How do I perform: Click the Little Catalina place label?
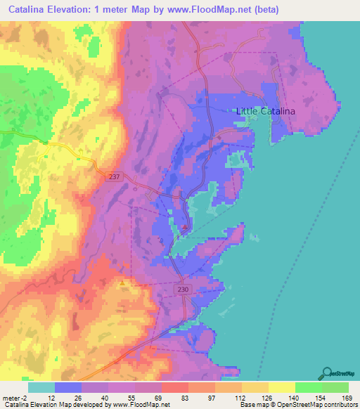(x=264, y=112)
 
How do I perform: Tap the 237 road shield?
(x=115, y=178)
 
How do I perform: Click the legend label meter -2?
(x=16, y=397)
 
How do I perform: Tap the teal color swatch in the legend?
(x=41, y=387)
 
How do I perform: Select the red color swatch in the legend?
(x=174, y=387)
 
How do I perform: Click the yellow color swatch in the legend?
(x=281, y=387)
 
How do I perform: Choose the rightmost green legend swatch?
(x=335, y=387)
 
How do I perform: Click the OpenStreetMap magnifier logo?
(x=327, y=373)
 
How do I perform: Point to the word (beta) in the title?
(x=266, y=10)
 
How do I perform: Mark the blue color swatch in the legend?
(x=68, y=387)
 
